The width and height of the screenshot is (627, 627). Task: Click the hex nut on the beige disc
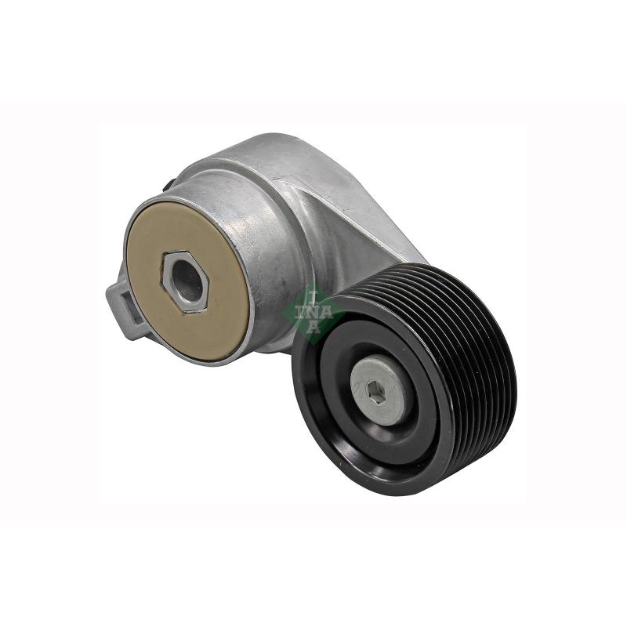(x=185, y=282)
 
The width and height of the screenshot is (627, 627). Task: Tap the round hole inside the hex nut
(x=187, y=281)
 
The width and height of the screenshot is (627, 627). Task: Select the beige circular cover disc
(x=187, y=282)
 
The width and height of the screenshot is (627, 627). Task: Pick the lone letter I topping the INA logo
(x=313, y=297)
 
